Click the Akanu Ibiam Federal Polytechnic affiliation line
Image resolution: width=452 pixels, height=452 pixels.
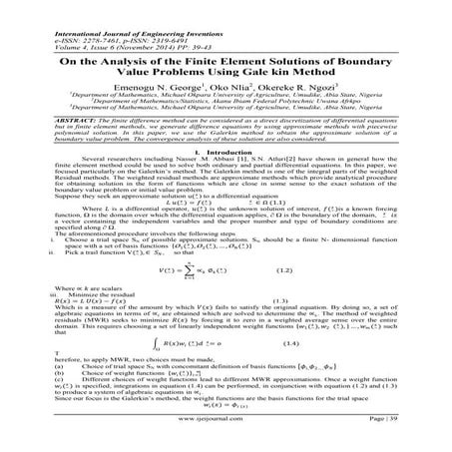(226, 89)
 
